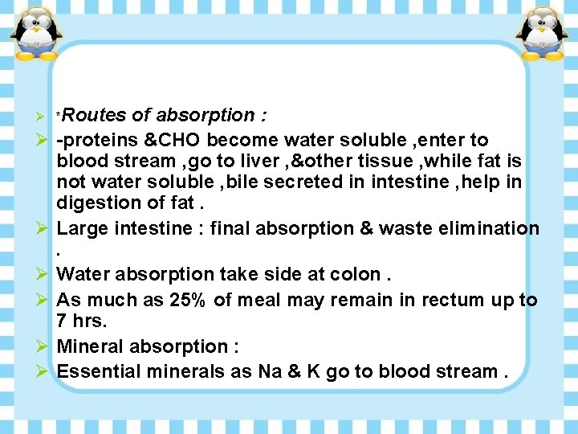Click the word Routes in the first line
97,116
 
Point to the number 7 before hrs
63,321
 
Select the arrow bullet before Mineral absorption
46,346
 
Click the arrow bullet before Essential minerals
46,371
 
